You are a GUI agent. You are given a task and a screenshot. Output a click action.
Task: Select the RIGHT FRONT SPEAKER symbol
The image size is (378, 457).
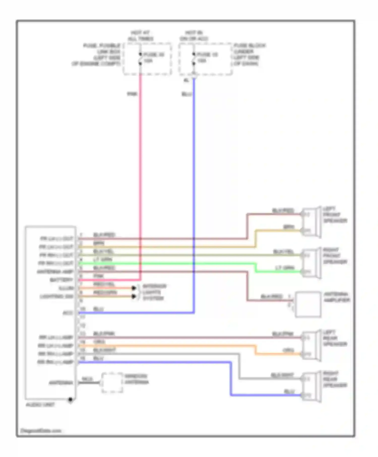(x=311, y=263)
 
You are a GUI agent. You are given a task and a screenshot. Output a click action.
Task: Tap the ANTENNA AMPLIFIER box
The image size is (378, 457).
(x=308, y=304)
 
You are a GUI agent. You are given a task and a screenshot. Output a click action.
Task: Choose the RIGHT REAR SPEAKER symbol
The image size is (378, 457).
(x=311, y=387)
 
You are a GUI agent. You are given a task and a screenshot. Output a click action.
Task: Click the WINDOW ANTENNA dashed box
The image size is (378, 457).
(x=112, y=383)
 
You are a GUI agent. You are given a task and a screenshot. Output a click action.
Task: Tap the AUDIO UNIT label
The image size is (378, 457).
(x=40, y=405)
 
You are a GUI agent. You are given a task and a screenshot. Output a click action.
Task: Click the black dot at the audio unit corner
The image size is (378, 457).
(x=71, y=399)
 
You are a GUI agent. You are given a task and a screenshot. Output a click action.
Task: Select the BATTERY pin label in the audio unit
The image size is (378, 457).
(x=61, y=280)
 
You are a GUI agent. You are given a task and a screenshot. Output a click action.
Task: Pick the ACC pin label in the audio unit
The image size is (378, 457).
(x=68, y=313)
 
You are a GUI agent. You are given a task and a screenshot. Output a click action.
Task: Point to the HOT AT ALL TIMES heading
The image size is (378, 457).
(x=140, y=36)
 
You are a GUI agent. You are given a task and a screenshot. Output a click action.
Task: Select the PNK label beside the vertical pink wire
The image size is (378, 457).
(x=132, y=94)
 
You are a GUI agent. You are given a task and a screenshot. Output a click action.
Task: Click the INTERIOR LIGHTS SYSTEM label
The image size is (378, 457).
(x=154, y=292)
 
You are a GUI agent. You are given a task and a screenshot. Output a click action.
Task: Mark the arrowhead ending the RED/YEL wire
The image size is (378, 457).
(x=134, y=288)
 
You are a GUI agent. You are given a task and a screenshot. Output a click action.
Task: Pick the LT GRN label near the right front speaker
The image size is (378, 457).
(x=285, y=268)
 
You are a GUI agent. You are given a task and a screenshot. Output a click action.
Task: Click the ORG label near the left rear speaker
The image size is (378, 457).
(x=288, y=350)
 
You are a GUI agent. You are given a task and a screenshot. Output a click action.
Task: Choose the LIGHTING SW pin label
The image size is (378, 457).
(x=57, y=297)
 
